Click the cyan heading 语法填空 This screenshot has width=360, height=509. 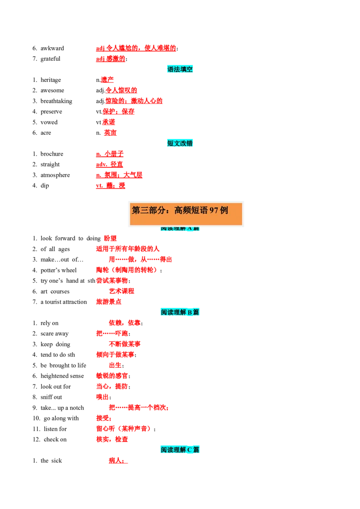click(180, 69)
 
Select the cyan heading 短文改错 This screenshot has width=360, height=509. click(180, 143)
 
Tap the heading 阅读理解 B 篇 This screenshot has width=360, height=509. click(180, 312)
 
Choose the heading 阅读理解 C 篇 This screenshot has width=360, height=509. click(180, 449)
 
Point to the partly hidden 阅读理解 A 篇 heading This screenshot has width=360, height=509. click(180, 228)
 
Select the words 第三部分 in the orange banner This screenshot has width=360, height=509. click(147, 210)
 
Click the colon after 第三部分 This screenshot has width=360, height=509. click(166, 210)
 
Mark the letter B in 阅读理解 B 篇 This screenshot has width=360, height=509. click(189, 312)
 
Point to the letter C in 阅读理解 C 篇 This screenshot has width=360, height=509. click(189, 449)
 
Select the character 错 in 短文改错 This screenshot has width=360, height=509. click(190, 143)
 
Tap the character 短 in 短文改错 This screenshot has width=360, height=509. click(171, 143)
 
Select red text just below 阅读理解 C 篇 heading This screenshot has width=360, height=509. click(118, 460)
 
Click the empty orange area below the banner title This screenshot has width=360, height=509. click(185, 220)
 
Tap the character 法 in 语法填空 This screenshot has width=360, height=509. click(177, 69)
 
